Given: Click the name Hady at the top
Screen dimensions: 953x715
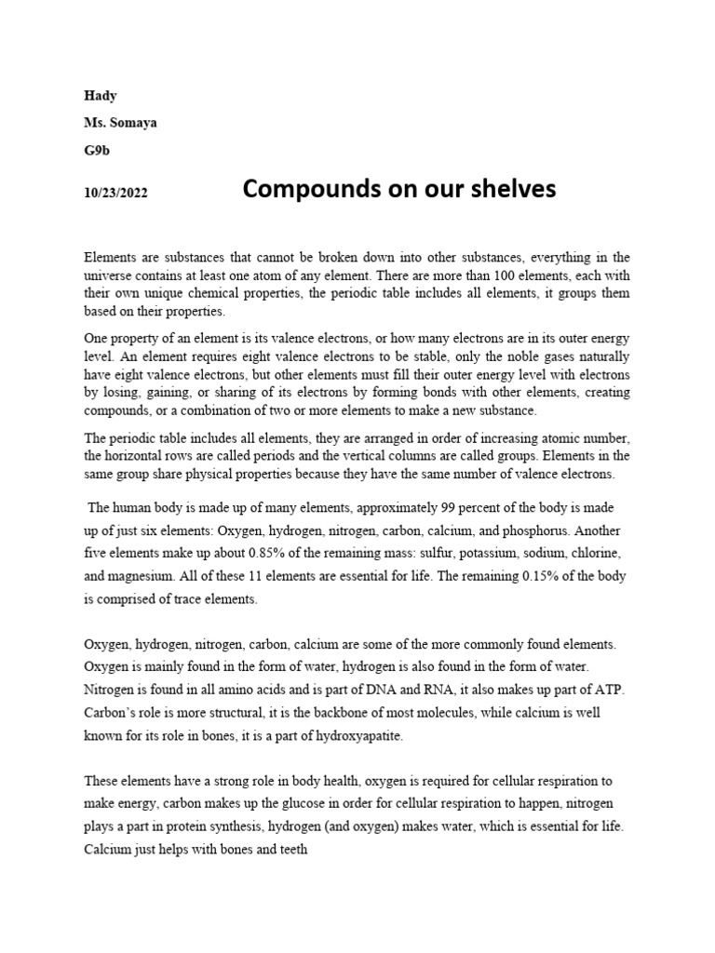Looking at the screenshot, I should coord(101,96).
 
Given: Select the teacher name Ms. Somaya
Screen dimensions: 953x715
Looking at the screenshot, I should coord(120,123).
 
